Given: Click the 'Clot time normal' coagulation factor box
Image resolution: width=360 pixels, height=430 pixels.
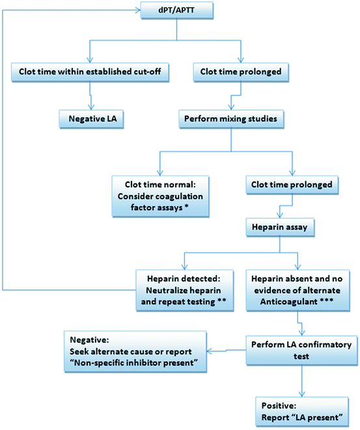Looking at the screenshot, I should pos(159,195).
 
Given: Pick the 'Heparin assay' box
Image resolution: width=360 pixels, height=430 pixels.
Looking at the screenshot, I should pos(280,230).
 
